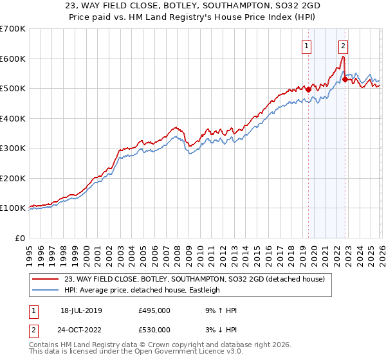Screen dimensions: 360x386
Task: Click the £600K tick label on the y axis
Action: (x=13, y=59)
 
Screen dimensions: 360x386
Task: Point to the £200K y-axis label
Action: (x=13, y=178)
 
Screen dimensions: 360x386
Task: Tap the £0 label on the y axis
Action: (x=21, y=238)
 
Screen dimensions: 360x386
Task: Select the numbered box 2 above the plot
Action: (x=344, y=46)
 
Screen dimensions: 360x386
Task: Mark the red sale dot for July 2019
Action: (x=308, y=90)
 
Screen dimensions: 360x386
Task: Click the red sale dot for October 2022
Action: (x=345, y=80)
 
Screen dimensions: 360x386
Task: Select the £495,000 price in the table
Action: (x=154, y=310)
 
